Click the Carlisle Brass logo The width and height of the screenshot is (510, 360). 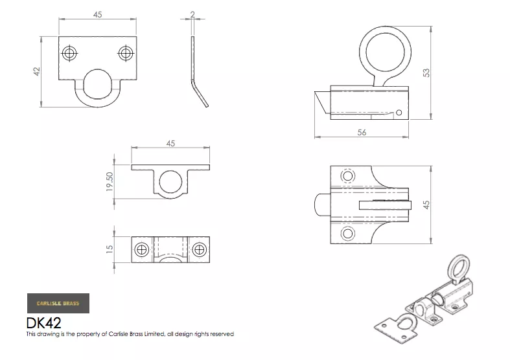(x=58, y=303)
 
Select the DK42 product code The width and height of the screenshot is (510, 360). (x=43, y=323)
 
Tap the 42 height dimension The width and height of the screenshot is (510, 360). (x=37, y=71)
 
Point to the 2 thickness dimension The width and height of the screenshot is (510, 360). (x=192, y=14)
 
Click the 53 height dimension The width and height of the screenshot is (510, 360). (x=426, y=73)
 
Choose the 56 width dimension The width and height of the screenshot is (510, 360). (x=362, y=132)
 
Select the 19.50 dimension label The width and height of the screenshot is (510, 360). (x=110, y=182)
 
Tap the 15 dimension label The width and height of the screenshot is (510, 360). (x=110, y=249)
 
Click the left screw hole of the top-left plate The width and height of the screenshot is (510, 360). (x=69, y=53)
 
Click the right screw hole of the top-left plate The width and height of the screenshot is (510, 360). (x=126, y=53)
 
